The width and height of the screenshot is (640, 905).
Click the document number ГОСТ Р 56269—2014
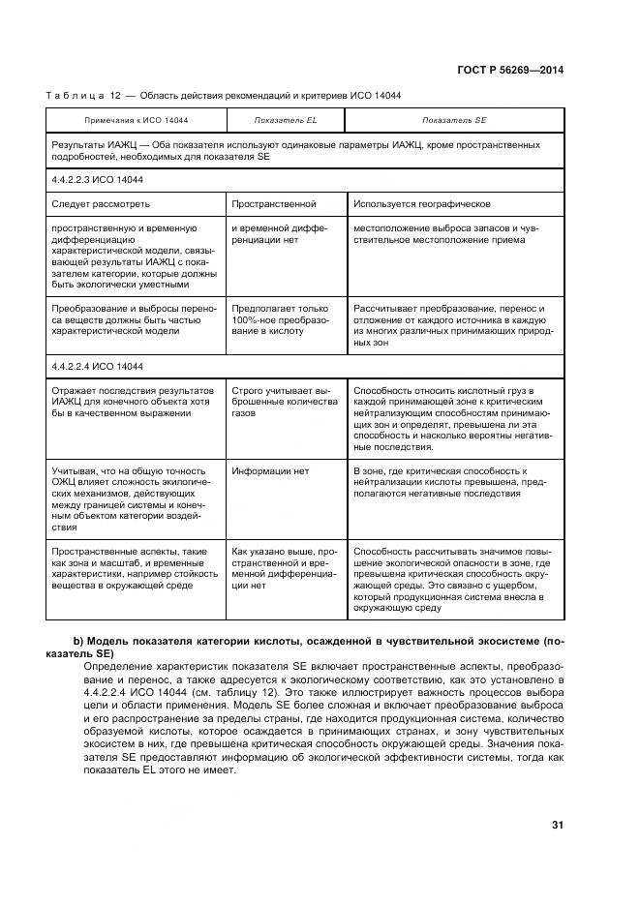510,70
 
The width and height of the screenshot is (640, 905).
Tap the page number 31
557,825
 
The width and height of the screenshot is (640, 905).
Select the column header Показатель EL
285,120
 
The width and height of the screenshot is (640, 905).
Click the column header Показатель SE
454,120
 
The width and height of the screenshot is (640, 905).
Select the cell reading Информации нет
270,471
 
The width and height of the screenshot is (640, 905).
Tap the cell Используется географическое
421,204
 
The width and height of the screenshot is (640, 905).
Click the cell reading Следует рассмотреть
101,204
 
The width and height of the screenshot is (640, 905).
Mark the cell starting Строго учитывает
285,401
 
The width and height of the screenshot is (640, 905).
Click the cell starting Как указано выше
284,567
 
